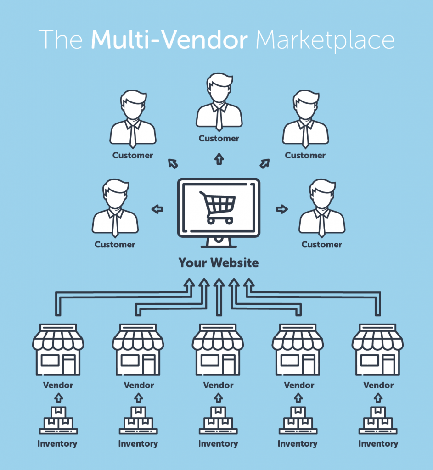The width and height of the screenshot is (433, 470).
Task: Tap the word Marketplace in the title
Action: point(325,41)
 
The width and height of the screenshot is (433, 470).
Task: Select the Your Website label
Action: point(219,263)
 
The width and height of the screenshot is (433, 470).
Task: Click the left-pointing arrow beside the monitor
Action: point(157,209)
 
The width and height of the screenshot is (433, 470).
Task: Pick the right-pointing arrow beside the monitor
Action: point(281,209)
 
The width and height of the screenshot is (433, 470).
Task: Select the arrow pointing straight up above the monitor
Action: point(219,159)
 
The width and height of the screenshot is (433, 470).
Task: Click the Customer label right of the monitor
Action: point(322,245)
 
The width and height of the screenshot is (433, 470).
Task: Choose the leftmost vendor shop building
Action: point(58,349)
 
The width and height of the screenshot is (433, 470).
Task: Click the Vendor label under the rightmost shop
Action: point(378,385)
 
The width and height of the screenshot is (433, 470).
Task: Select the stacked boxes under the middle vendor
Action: point(218,420)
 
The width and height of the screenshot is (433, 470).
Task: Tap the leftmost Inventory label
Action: point(57,444)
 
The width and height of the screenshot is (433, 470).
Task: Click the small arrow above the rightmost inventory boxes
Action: point(378,397)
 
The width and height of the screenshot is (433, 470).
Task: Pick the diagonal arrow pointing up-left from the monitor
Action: point(173,163)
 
